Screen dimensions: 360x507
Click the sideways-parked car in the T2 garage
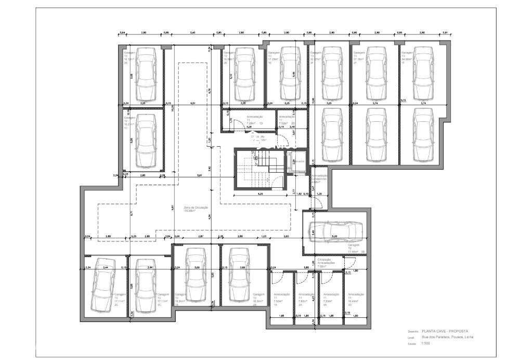(x=335, y=230)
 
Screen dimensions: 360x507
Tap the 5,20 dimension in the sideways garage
(x=335, y=237)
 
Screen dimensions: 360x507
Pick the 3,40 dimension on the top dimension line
(x=192, y=33)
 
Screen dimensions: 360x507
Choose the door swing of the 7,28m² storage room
(x=237, y=125)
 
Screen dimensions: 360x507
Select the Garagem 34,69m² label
(x=406, y=56)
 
